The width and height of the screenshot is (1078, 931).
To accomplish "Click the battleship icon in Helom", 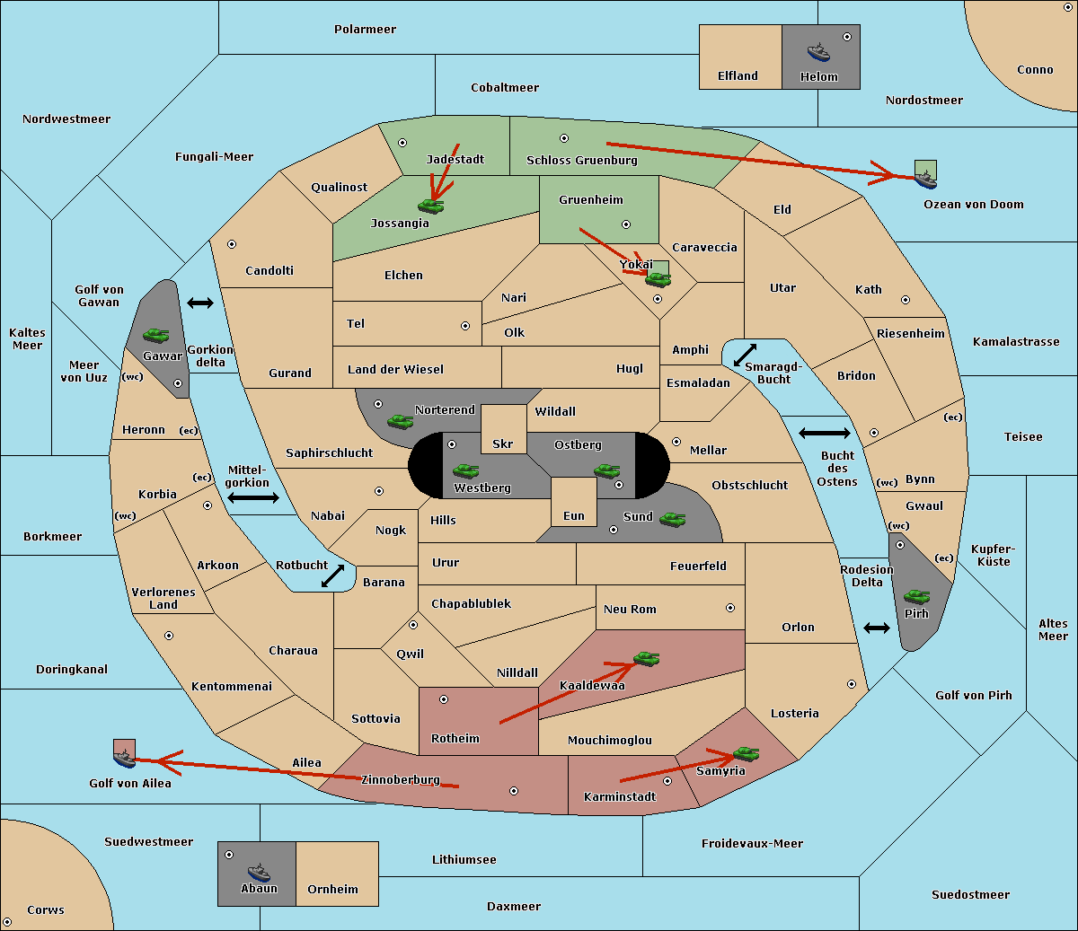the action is point(818,52).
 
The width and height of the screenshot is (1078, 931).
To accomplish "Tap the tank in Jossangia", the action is point(431,206).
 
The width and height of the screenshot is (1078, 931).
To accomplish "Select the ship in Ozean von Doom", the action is point(925,180).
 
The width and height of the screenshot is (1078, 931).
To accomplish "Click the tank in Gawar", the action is point(156,335).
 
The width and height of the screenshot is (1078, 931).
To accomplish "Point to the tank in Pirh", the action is point(916,596).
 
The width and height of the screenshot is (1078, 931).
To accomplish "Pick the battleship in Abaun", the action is point(260,873).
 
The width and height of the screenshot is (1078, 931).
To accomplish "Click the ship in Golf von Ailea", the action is point(125,759).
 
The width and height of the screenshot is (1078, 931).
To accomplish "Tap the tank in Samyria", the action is point(746,754).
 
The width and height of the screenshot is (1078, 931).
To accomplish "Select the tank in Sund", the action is point(672,519).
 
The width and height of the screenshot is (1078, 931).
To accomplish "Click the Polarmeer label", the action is point(365,30).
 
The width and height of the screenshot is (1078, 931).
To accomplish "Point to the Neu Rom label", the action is point(630,609).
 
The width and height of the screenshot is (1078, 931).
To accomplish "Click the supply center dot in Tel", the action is point(465,326).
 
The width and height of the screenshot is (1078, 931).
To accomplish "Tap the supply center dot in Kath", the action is point(906,300).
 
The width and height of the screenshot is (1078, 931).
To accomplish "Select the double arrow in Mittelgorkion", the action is point(253,497).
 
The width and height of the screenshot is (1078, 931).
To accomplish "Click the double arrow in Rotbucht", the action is point(332,575).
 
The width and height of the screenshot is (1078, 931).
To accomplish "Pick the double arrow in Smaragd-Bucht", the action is point(745,355).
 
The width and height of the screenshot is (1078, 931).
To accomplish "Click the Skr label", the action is point(503,444).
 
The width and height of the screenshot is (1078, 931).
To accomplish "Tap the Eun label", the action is point(574,515).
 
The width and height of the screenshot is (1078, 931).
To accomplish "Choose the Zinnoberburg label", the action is point(401,780).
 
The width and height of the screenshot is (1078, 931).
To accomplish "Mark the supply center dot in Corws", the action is point(7,922).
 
